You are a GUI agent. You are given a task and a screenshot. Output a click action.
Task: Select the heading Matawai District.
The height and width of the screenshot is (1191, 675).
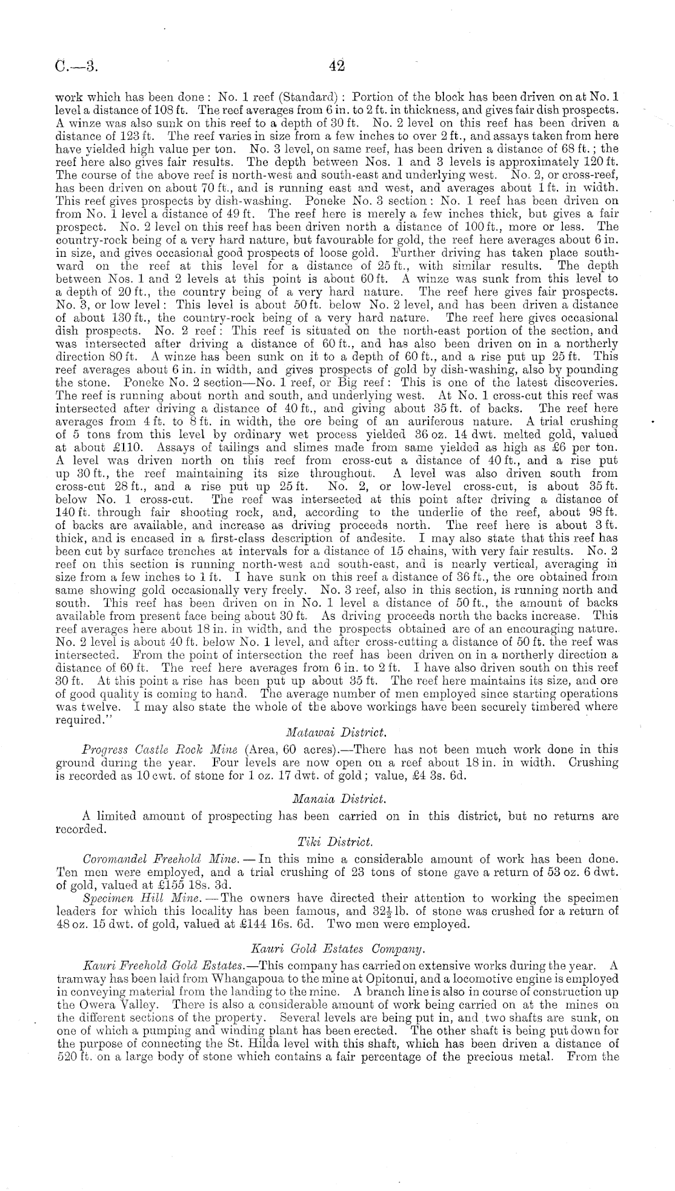(337, 734)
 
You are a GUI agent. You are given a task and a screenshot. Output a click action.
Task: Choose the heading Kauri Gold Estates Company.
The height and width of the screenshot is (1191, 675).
(336, 946)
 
